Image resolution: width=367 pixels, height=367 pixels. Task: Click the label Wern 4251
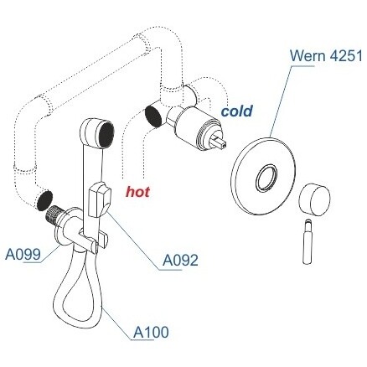[x=326, y=55]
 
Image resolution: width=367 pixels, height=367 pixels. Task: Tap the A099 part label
[x=23, y=254]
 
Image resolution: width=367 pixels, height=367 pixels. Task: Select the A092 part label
[x=180, y=261]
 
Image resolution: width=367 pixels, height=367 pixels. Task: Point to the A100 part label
[x=151, y=332]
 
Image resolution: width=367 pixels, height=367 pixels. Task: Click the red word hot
[x=137, y=192]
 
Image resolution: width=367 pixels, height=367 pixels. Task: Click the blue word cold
[x=237, y=111]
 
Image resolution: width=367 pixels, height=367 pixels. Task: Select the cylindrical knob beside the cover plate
[x=315, y=199]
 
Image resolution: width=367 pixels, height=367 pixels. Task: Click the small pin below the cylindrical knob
[x=308, y=241]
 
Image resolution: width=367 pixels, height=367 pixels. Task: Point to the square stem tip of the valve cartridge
[x=220, y=141]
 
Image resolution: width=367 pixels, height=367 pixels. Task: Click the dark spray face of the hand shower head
[x=106, y=133]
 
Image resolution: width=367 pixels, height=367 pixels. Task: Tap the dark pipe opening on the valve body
[x=153, y=116]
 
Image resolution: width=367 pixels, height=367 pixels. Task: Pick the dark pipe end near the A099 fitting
[x=44, y=200]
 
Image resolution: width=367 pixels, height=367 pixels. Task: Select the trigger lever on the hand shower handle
[x=100, y=199]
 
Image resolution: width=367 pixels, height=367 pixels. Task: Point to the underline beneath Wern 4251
[x=302, y=66]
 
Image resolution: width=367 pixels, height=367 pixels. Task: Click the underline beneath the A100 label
[x=142, y=340]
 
